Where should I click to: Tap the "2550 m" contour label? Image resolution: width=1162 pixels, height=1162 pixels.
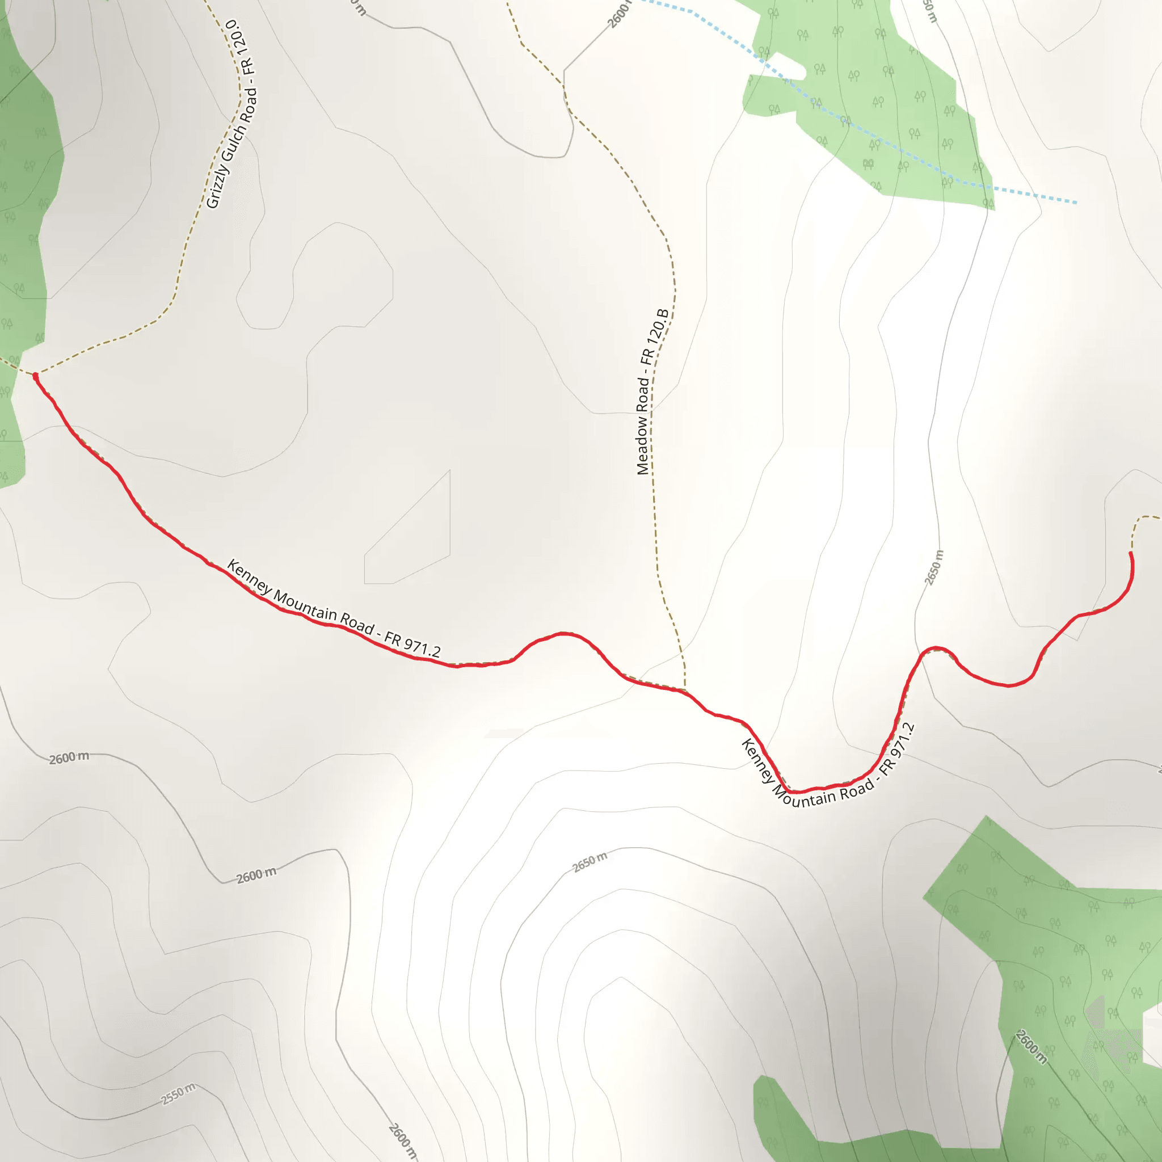tap(178, 1094)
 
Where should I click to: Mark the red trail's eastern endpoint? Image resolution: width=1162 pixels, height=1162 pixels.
tap(1131, 553)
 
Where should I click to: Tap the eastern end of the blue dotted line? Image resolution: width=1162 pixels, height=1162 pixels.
tap(1075, 203)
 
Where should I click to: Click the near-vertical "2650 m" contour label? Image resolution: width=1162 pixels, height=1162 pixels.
tap(934, 567)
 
